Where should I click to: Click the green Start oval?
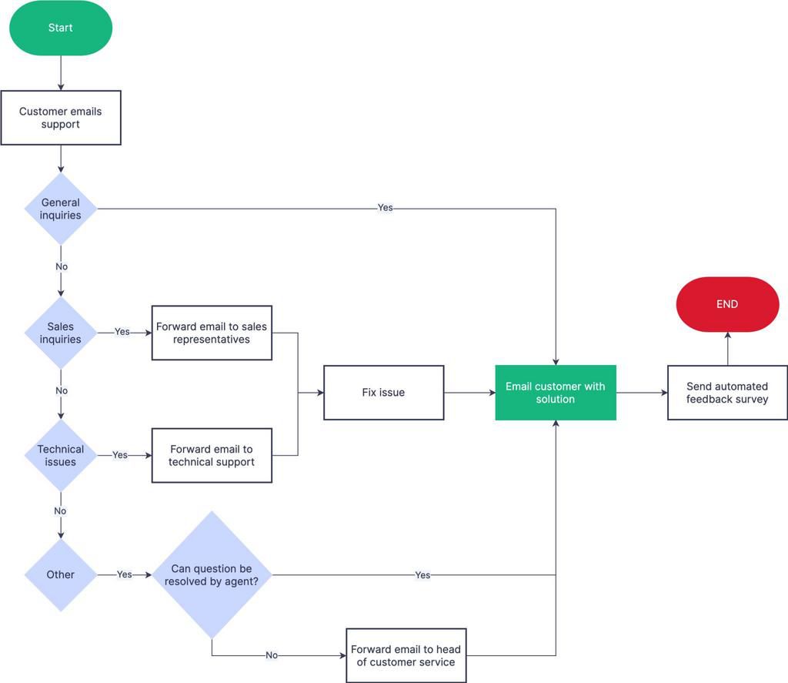click(61, 28)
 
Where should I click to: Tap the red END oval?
click(727, 304)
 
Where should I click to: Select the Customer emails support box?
click(61, 118)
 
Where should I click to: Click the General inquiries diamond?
click(61, 209)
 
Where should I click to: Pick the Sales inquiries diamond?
click(61, 333)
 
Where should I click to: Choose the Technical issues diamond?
click(61, 455)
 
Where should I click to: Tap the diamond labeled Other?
click(61, 574)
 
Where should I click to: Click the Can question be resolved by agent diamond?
click(212, 574)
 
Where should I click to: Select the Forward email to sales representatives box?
click(212, 333)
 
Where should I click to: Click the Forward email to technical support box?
click(212, 455)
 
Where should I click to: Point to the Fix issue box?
click(383, 393)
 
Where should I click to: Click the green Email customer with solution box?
click(555, 393)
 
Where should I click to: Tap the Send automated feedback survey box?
click(727, 393)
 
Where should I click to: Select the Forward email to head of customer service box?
click(406, 655)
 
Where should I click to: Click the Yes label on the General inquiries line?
click(385, 208)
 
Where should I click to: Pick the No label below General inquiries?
click(62, 266)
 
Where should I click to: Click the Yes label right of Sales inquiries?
click(122, 332)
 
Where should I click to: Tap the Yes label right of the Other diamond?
click(124, 574)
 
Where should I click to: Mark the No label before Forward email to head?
click(272, 655)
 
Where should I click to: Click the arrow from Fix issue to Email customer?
click(469, 393)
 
